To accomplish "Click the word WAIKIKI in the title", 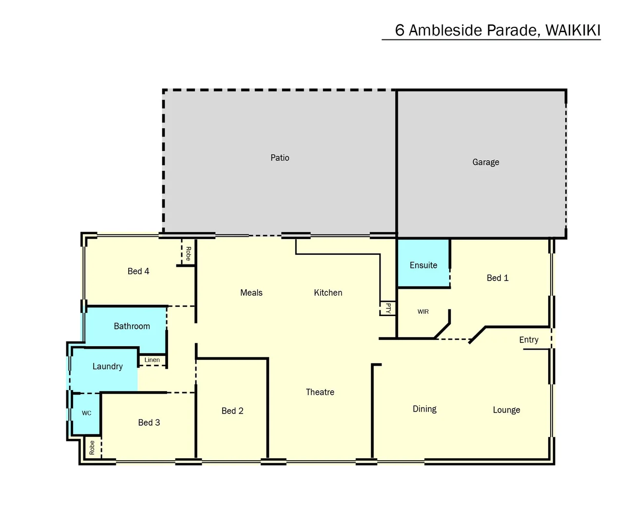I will click(x=573, y=30).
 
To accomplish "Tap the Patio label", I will click(x=280, y=158).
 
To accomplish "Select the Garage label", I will click(x=485, y=162).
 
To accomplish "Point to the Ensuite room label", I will click(x=423, y=265).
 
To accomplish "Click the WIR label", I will click(x=423, y=312).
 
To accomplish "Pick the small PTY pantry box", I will click(x=388, y=308).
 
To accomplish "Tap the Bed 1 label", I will click(x=497, y=278).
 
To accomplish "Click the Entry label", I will click(x=529, y=340).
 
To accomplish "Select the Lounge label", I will click(x=506, y=410).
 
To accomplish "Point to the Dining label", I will click(x=424, y=409).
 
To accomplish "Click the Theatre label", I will click(x=320, y=392).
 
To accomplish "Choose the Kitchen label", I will click(x=328, y=293).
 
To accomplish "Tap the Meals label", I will click(x=251, y=293).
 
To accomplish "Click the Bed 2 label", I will click(x=232, y=411).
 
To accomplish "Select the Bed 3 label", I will click(x=149, y=423).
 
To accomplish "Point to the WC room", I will click(x=86, y=413).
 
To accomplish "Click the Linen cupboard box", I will click(x=152, y=360).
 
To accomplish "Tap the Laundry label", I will click(x=107, y=367).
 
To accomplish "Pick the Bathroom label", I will click(x=132, y=326).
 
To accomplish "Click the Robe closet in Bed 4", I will click(x=188, y=253).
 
